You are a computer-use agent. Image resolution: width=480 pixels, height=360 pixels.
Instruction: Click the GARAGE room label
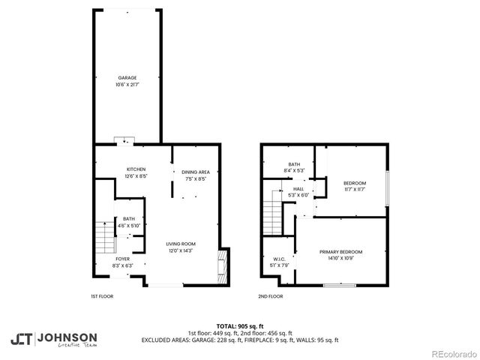coord(127,78)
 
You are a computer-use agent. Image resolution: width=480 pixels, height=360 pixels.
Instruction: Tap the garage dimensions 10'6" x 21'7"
coord(127,84)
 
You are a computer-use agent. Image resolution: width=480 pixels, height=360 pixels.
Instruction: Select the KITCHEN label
coord(136,169)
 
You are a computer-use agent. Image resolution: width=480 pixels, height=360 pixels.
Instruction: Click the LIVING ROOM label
coord(181,244)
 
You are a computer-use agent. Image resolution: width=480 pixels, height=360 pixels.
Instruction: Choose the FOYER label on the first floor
coord(122,259)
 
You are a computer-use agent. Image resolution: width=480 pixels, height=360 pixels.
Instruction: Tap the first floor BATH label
coord(130,219)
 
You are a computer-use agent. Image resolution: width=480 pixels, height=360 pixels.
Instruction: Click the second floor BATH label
coord(294,164)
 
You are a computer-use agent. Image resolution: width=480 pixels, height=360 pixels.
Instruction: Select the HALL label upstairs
coord(298,189)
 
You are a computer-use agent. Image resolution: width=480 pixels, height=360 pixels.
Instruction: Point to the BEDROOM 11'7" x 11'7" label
coord(355,184)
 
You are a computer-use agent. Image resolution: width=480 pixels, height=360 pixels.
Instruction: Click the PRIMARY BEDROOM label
coord(340,251)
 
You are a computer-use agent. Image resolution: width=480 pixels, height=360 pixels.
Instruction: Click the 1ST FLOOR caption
coord(103,297)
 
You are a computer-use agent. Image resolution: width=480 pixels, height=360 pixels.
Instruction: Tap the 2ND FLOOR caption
coord(271,297)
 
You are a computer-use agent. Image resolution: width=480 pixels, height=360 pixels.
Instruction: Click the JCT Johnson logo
coord(53,339)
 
